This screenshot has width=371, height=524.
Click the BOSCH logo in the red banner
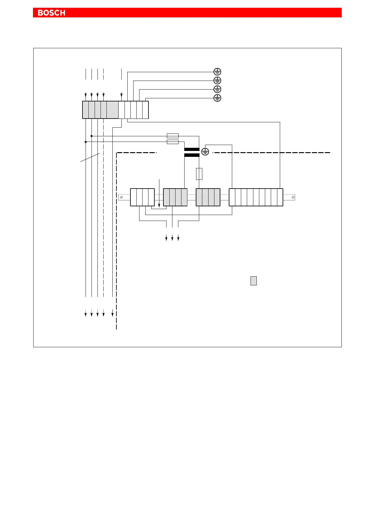(51, 13)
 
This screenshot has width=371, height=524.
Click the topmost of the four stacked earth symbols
(217, 72)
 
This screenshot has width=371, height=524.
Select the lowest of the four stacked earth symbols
(217, 98)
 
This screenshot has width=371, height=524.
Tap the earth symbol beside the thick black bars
(205, 152)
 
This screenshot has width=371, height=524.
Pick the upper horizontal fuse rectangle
(173, 136)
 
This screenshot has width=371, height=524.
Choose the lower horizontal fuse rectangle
(173, 142)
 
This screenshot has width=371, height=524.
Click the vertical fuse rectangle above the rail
(199, 174)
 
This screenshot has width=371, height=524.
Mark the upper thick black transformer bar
(192, 149)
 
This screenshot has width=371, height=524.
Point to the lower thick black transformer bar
(192, 155)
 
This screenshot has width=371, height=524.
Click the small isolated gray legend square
(254, 281)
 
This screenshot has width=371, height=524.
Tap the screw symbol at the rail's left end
(121, 197)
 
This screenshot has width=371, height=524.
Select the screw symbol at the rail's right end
(293, 197)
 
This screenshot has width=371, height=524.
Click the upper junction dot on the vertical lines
(92, 136)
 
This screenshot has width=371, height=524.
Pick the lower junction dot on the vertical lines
(86, 142)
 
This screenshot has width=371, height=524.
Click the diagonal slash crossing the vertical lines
(90, 157)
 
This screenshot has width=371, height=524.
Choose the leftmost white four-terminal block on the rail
(142, 197)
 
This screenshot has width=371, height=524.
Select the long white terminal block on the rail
(256, 197)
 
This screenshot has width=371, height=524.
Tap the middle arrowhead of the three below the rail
(172, 239)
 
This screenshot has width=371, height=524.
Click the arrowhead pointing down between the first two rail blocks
(159, 205)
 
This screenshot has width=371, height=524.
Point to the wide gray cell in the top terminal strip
(112, 110)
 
